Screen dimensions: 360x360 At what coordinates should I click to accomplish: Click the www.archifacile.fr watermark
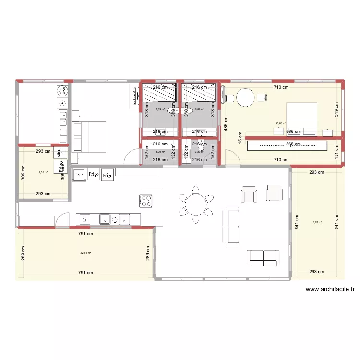click(330, 289)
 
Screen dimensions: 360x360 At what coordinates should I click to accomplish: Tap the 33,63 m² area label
click(280, 124)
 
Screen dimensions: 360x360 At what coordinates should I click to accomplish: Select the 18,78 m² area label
click(317, 222)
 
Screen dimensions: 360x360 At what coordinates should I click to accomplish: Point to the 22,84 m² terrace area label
click(86, 253)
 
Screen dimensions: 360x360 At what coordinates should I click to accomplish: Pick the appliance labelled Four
click(79, 174)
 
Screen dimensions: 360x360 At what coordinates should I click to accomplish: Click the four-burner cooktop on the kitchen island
click(147, 201)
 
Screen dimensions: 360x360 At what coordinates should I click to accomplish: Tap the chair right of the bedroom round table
click(262, 98)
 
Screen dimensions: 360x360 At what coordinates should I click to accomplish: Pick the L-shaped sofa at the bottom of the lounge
click(263, 257)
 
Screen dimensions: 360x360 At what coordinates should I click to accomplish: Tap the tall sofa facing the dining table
click(230, 226)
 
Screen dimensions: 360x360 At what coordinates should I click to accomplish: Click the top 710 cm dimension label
click(281, 87)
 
